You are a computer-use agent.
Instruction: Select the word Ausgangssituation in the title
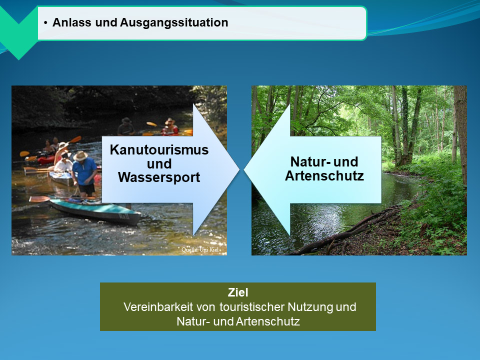point(174,23)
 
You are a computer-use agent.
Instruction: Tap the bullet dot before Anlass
point(45,23)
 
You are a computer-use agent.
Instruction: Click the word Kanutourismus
point(159,150)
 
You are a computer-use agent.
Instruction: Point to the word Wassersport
point(159,177)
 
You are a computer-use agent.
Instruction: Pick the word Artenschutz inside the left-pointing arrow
point(324,176)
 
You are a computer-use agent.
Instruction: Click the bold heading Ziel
point(238,292)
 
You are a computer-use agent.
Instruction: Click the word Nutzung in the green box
point(310,307)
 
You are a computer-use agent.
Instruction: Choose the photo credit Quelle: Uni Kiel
point(200,249)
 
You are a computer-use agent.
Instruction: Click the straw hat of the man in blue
point(80,156)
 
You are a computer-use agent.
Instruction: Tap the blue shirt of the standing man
point(85,171)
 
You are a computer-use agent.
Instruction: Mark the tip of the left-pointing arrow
point(244,169)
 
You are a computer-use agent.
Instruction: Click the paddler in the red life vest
point(170,127)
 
